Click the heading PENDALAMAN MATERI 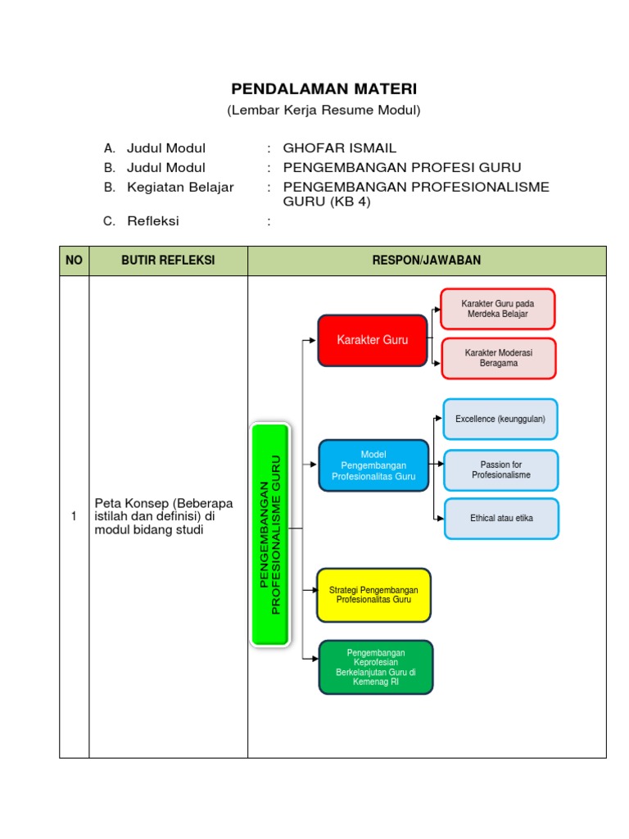[x=324, y=88]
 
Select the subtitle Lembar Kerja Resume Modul [x=324, y=110]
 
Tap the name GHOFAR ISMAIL [x=339, y=148]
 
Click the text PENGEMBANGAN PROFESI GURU [x=401, y=168]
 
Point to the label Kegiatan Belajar [x=180, y=187]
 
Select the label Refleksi [x=152, y=221]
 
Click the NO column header [x=75, y=261]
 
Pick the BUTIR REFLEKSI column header [x=168, y=261]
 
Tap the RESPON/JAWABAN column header [x=427, y=261]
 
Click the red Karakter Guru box [x=373, y=340]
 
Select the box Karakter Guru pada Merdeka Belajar [x=498, y=309]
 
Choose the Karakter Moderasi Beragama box [x=498, y=358]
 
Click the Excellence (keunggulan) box [x=500, y=419]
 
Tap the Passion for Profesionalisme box [x=501, y=469]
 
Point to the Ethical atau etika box [x=501, y=519]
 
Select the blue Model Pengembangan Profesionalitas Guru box [x=373, y=465]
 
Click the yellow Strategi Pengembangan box [x=373, y=595]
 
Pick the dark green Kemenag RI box [x=375, y=667]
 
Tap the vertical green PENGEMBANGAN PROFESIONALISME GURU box [x=269, y=534]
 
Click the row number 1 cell [x=75, y=516]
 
